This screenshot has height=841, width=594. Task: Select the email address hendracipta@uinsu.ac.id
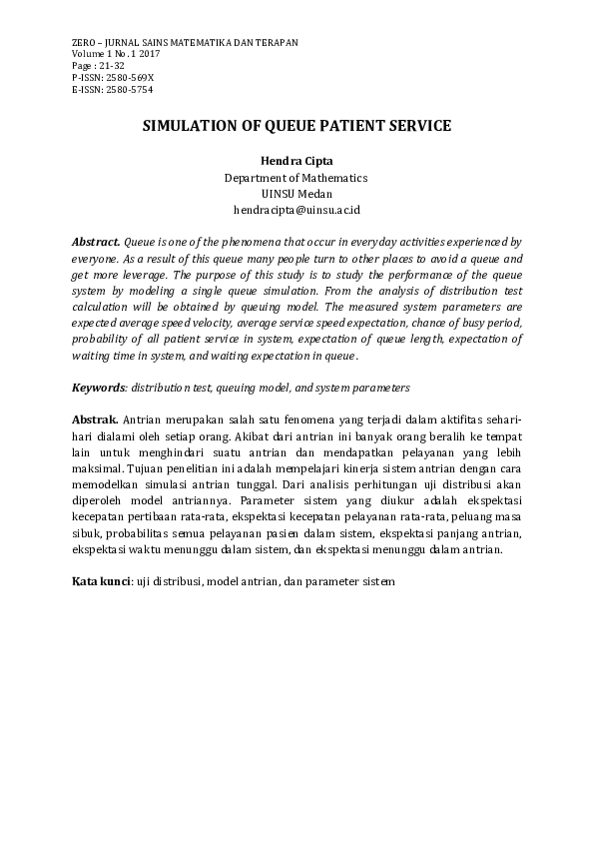pos(296,211)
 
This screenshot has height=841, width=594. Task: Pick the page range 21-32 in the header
pos(111,65)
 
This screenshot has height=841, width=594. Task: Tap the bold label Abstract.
pos(96,243)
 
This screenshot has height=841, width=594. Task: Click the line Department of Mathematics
pos(296,178)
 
